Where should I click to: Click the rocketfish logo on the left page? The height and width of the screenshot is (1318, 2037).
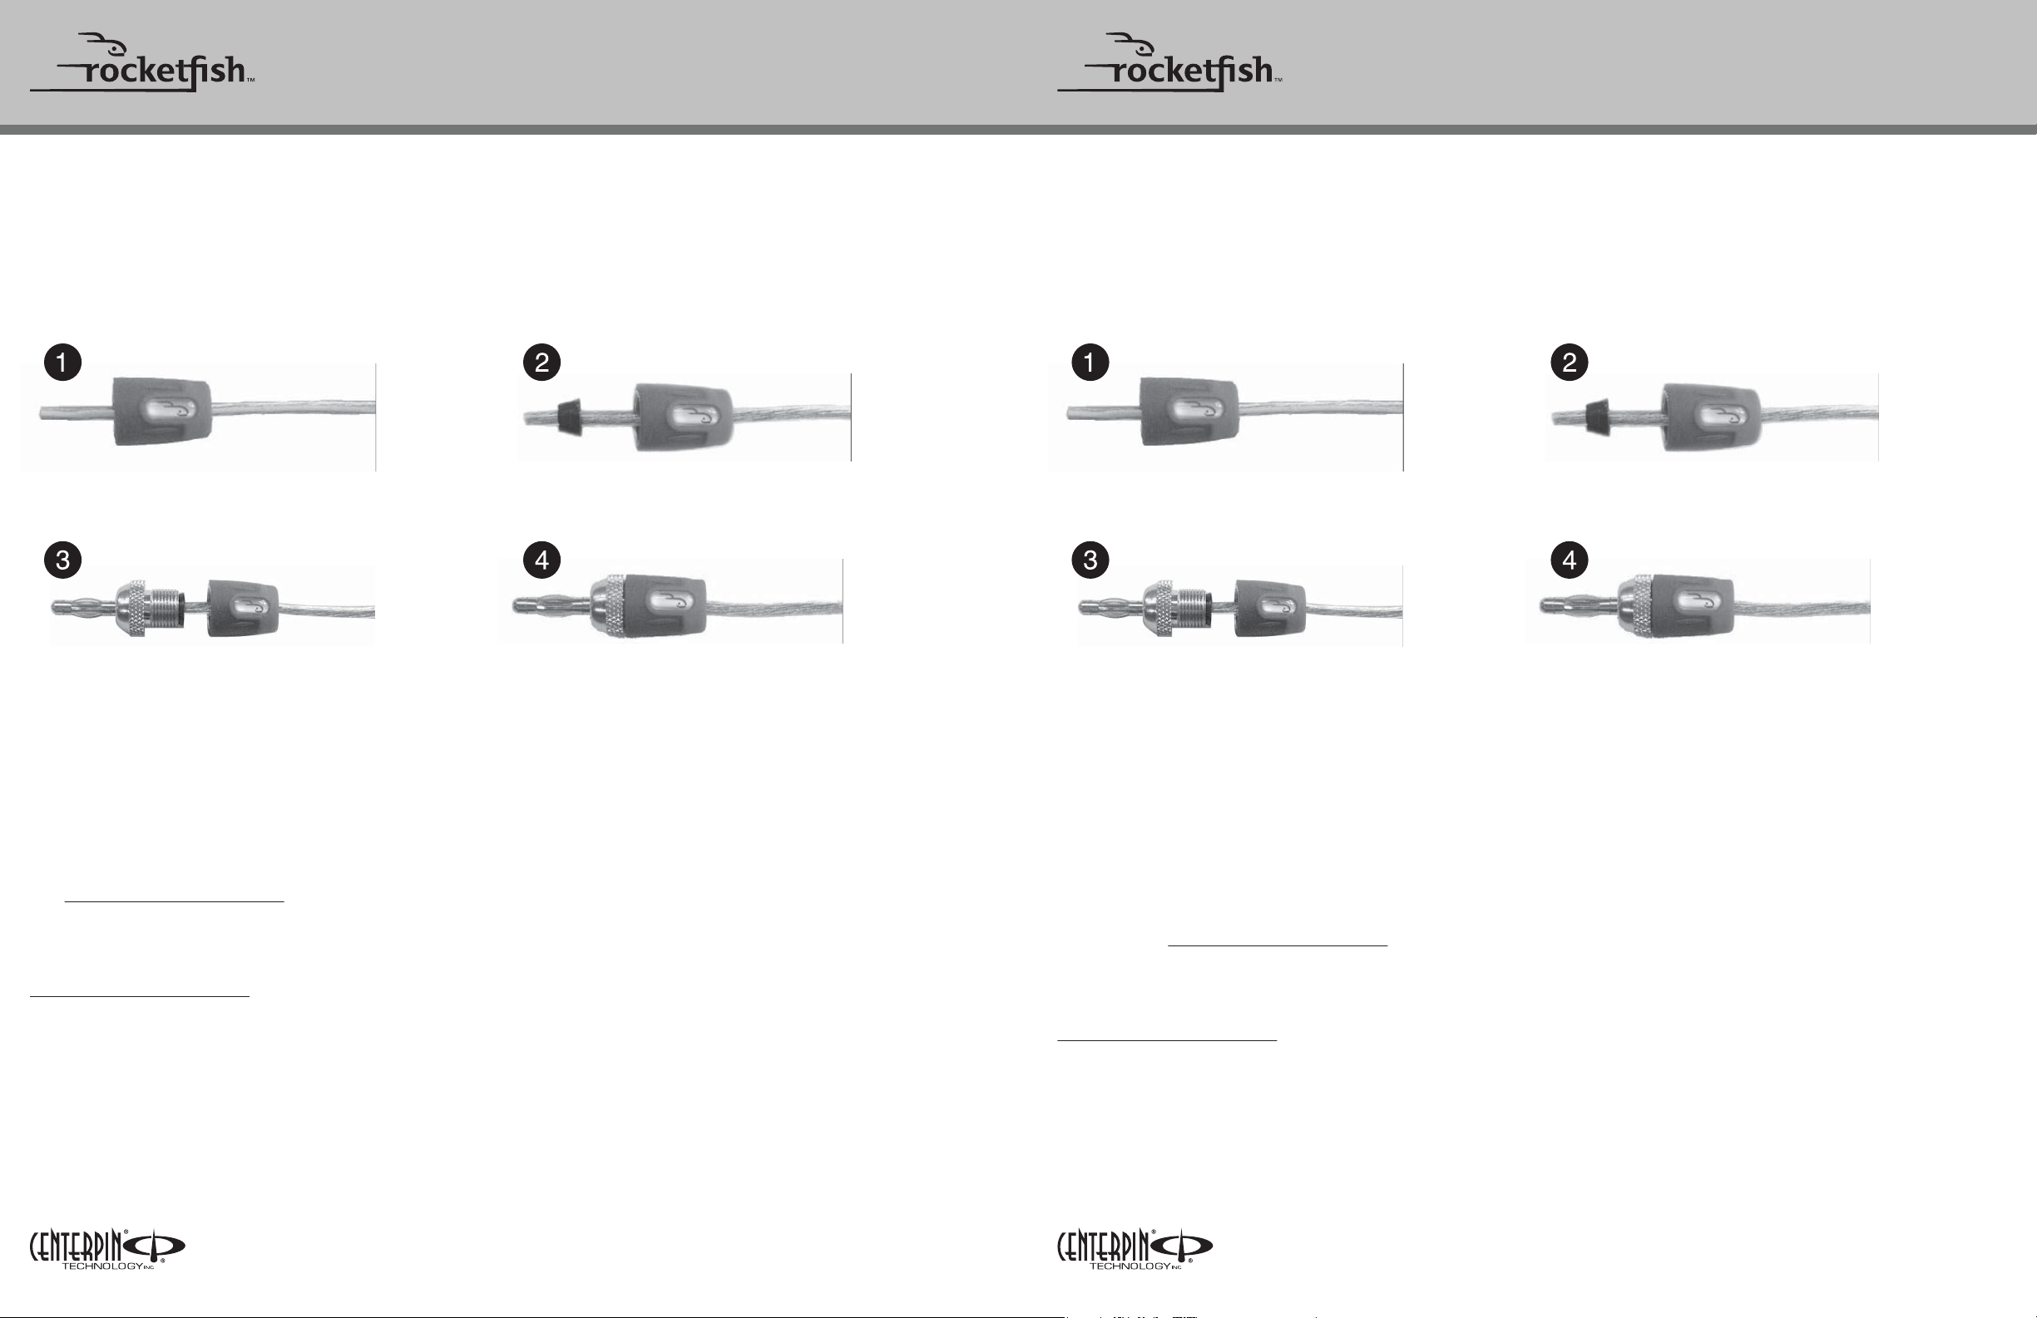(142, 62)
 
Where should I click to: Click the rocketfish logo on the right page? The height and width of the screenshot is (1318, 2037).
(1169, 62)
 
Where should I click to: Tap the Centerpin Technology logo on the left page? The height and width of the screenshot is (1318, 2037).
(107, 1249)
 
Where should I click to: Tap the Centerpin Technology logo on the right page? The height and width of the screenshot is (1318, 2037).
(1134, 1249)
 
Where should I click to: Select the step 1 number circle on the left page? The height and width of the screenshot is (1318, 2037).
(62, 362)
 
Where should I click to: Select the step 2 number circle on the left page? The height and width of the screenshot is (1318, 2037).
(541, 362)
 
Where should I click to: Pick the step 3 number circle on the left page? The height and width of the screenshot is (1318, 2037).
(62, 560)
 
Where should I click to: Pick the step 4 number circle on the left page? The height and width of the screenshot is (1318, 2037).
(541, 560)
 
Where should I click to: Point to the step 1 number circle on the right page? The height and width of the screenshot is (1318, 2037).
(1090, 362)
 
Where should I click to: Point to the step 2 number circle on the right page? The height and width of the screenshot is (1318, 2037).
(1569, 362)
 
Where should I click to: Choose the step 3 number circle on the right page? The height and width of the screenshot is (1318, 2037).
(1090, 560)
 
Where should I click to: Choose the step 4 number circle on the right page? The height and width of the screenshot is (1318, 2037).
(1569, 560)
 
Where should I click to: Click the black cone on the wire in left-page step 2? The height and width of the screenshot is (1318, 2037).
(569, 417)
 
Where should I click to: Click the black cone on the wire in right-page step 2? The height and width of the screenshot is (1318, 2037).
(1596, 417)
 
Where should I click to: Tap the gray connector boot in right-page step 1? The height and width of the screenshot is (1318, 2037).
(1189, 412)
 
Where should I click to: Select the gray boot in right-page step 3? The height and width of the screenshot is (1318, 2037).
(1270, 609)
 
